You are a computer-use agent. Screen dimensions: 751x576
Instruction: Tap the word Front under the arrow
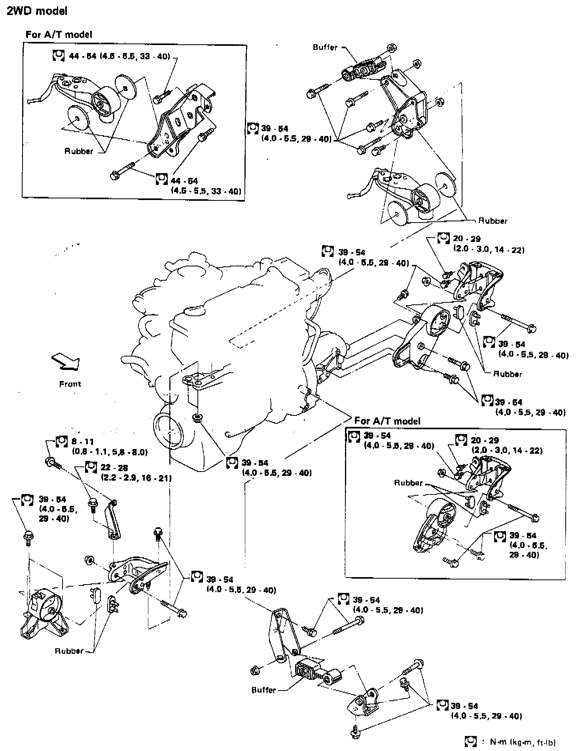[70, 384]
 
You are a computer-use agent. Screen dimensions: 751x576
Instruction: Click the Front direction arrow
[66, 362]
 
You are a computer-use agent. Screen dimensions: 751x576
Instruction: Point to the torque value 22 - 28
[114, 468]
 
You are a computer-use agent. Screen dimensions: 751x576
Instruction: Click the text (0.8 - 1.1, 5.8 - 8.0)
[110, 451]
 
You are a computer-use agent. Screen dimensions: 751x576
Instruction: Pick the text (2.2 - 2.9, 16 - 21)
[136, 478]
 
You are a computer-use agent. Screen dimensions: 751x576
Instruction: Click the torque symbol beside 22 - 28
[91, 468]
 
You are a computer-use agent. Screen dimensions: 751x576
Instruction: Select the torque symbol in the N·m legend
[470, 742]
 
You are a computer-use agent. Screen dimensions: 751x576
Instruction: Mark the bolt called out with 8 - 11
[52, 461]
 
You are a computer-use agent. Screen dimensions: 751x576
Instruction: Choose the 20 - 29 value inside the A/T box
[485, 440]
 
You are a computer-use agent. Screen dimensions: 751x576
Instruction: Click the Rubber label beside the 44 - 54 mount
[79, 151]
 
